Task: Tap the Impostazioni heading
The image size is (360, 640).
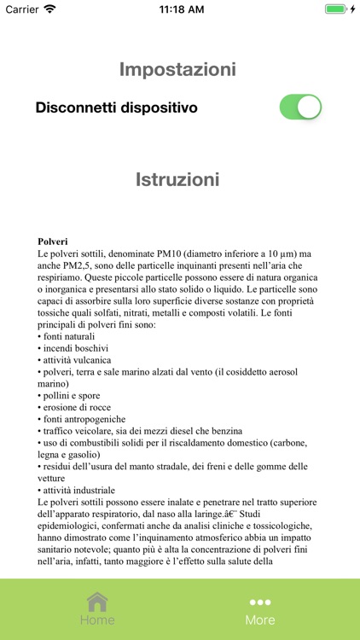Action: pos(177,69)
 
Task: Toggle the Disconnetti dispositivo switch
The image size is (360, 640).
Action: pos(300,108)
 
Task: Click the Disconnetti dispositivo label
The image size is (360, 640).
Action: pos(116,108)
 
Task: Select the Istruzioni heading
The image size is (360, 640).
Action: pos(177,179)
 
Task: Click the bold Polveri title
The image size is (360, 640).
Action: pos(53,241)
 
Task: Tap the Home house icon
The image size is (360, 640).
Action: pos(97,602)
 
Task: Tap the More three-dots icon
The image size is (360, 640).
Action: pos(260,602)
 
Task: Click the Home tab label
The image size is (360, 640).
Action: pos(97,620)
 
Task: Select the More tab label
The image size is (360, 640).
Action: pos(260,620)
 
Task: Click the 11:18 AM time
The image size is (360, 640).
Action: pos(180,9)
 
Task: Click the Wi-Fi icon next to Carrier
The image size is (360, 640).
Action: pos(50,9)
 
